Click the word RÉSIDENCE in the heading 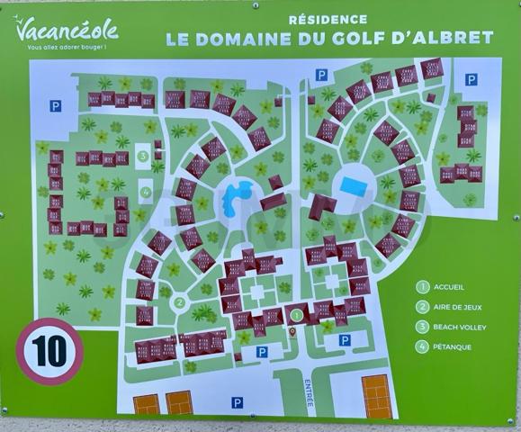[328, 19]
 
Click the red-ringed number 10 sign [49, 351]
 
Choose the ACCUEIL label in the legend [447, 288]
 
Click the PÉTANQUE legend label [453, 347]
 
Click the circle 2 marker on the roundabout [180, 303]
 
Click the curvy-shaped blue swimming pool [238, 192]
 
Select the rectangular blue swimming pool [353, 186]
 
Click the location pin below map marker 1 [292, 332]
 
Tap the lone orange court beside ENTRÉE [376, 396]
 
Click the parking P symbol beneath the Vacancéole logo [56, 106]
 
